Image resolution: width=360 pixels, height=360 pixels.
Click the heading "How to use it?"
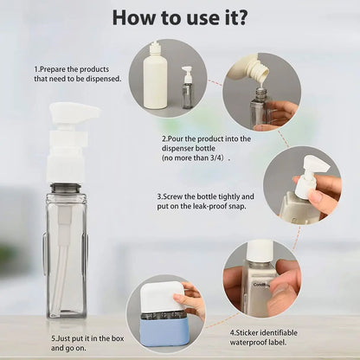pos(180,17)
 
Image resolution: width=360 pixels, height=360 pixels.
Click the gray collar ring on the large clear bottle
pos(66,187)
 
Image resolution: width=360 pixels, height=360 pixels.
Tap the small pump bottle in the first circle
pos(187,87)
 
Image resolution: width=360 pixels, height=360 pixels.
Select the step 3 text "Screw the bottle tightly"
pos(205,196)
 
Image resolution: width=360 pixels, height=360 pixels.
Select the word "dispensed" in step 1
pos(103,79)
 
